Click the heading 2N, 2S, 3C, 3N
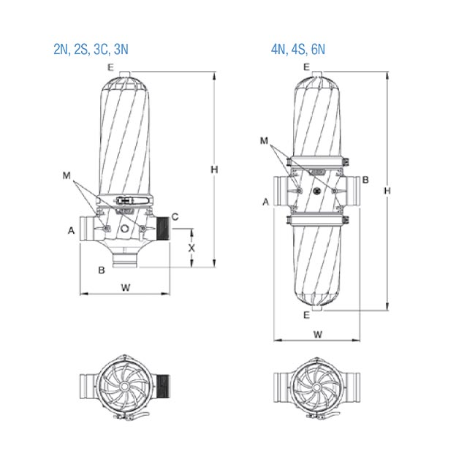tap(91, 50)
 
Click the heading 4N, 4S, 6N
tap(298, 50)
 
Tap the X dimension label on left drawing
tap(191, 248)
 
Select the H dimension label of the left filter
tap(214, 170)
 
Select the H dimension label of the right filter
tap(387, 191)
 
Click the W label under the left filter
tap(126, 287)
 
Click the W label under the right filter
tap(318, 335)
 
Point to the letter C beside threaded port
tap(175, 217)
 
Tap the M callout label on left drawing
tap(66, 175)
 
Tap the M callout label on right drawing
tap(264, 140)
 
